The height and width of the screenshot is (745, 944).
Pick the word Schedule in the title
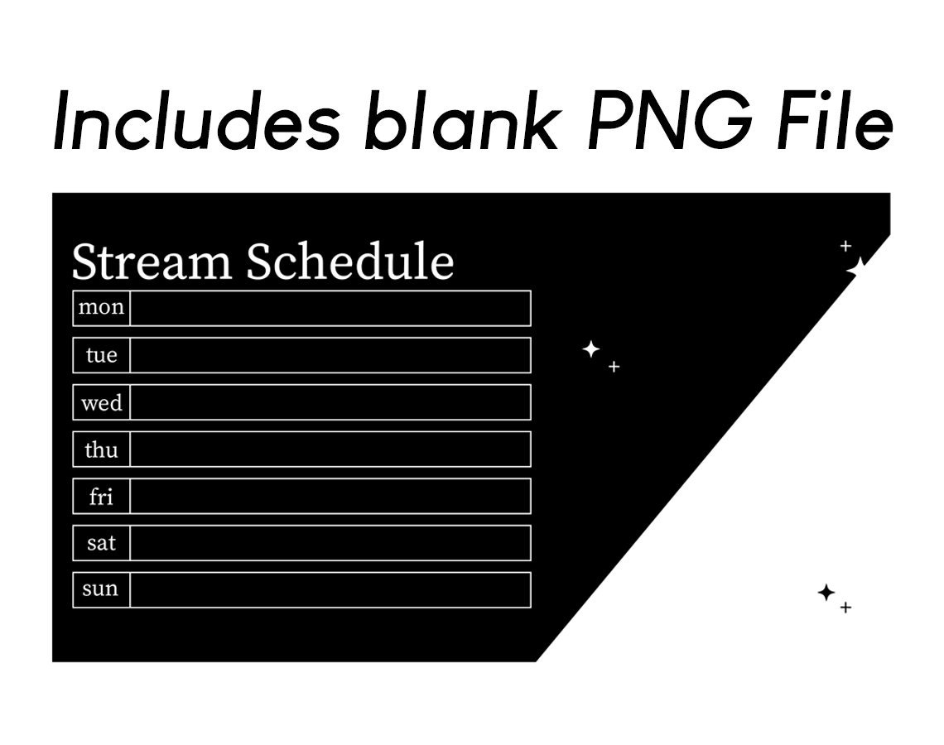click(x=350, y=262)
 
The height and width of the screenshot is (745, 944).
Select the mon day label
click(x=101, y=308)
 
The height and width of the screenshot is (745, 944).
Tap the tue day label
click(x=101, y=355)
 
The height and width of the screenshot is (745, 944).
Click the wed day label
click(x=101, y=403)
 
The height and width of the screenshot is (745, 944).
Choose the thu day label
click(x=101, y=449)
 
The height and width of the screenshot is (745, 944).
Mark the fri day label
click(x=101, y=497)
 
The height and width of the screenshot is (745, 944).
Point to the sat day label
click(x=101, y=543)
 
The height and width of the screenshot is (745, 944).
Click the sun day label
click(x=101, y=589)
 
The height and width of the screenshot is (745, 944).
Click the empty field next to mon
click(x=330, y=308)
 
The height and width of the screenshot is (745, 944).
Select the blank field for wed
click(x=330, y=402)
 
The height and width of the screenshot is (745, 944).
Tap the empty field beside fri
click(x=330, y=496)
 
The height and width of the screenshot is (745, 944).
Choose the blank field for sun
click(x=330, y=589)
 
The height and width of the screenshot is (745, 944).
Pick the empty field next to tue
click(x=330, y=355)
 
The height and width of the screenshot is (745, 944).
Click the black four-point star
click(x=826, y=593)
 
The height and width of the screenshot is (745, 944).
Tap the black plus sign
click(x=845, y=608)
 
